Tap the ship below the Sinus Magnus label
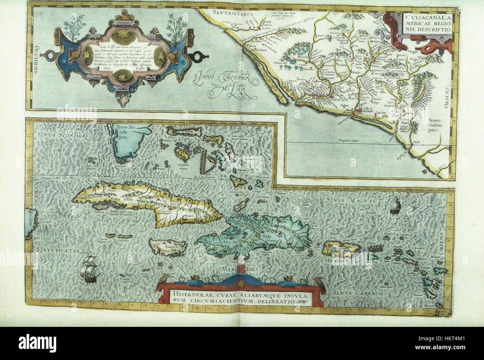tap(395, 205)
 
